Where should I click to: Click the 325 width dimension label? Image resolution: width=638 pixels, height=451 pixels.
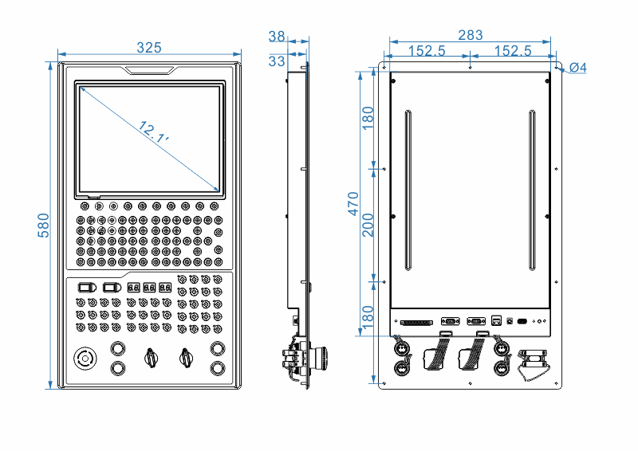point(148,48)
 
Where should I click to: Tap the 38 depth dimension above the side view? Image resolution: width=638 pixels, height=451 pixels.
point(277,37)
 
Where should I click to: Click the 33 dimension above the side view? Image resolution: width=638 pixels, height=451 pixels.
point(277,61)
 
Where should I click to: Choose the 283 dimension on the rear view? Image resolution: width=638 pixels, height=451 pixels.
point(470,35)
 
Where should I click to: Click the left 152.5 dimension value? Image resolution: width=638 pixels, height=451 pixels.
point(427,51)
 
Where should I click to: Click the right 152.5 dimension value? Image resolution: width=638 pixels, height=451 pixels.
point(513,51)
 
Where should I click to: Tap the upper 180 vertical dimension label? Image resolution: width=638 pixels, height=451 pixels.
point(368,120)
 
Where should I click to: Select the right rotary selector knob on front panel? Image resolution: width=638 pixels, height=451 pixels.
point(186,358)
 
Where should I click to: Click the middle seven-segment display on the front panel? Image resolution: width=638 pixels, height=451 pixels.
point(149,287)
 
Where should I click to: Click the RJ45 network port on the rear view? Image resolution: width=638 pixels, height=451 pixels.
point(496,321)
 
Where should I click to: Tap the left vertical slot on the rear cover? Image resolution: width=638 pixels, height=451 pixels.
point(408,190)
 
